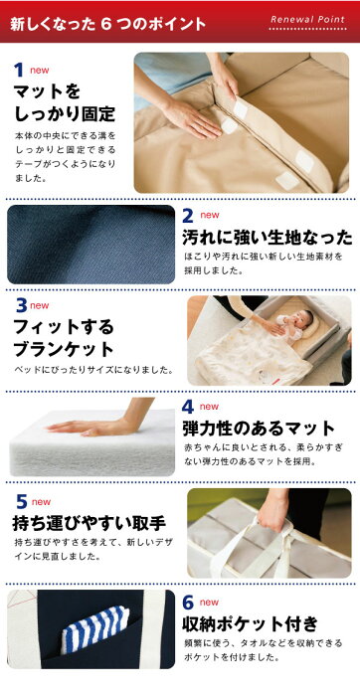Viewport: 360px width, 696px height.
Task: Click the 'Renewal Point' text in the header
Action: point(307,20)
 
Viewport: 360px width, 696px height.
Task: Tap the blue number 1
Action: point(19,71)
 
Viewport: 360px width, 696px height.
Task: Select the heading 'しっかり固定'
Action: point(65,114)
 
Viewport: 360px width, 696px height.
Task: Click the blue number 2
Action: point(188,216)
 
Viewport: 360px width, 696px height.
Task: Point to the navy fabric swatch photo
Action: point(91,245)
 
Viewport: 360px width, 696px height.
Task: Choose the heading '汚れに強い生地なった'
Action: point(268,238)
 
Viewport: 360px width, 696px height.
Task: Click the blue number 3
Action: point(21,306)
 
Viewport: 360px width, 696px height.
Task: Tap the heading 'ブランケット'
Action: point(64,350)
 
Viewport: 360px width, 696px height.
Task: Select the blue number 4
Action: point(188,407)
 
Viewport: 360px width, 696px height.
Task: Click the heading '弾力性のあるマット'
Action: point(259,429)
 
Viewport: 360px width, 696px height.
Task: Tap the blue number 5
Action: point(22,502)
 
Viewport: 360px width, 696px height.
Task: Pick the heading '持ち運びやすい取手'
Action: point(89,524)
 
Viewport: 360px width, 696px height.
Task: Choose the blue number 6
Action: point(188,603)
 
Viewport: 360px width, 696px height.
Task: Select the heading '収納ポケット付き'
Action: point(251,623)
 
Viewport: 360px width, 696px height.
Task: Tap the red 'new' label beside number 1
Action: point(40,71)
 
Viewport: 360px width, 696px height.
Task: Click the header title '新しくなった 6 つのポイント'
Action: point(107,23)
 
